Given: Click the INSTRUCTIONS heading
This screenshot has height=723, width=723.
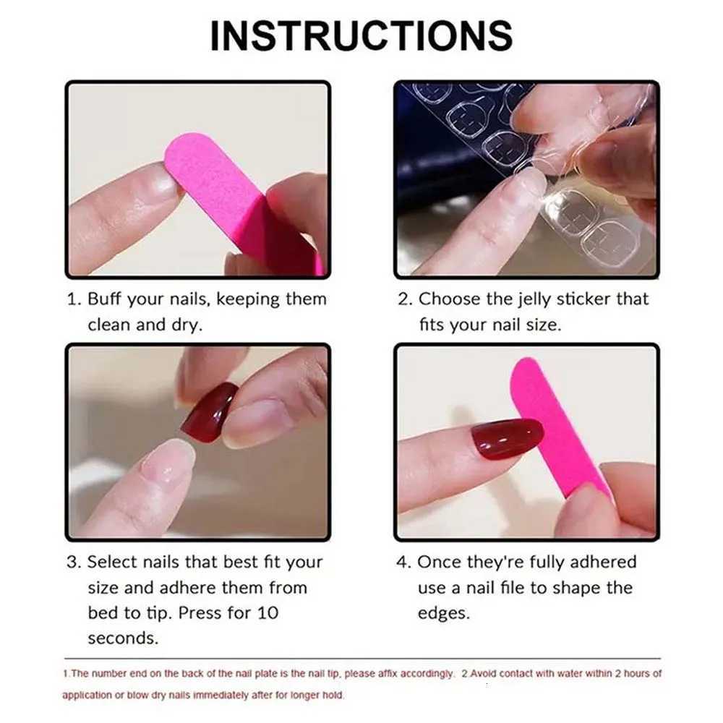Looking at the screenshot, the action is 361,36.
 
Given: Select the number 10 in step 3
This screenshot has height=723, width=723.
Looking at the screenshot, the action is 268,613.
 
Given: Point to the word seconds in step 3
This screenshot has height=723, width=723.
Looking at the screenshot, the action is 123,638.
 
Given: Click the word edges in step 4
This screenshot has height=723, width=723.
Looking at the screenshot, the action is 444,614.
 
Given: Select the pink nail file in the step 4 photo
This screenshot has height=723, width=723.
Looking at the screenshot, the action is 560,429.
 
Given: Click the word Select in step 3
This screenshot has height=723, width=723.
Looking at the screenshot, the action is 113,562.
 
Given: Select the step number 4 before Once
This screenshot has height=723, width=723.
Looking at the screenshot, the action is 401,562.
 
